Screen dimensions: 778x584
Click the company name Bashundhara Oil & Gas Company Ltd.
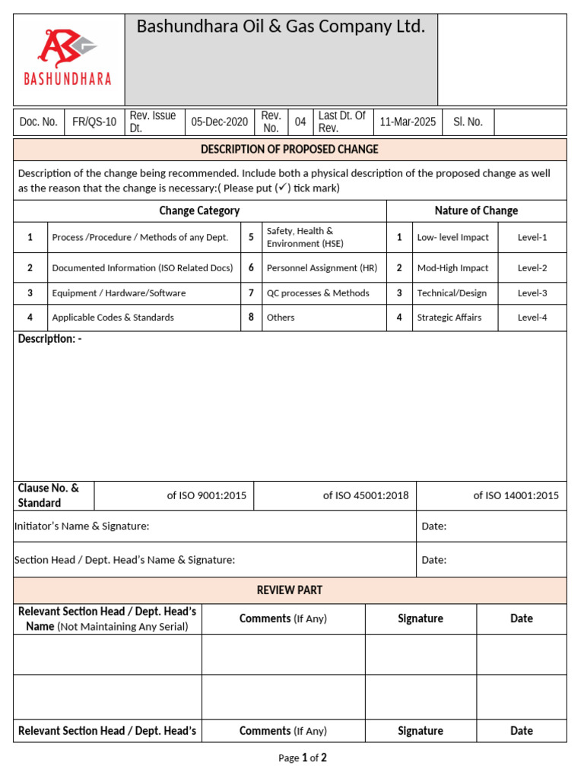[x=281, y=27]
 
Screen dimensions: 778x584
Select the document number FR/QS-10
[x=94, y=122]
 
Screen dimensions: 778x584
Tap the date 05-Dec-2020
[x=219, y=122]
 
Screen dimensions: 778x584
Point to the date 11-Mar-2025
[x=408, y=122]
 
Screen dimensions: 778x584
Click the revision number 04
[x=300, y=122]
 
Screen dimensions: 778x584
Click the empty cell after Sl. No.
[x=529, y=122]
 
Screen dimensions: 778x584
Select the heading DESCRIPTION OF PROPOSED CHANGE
[x=289, y=149]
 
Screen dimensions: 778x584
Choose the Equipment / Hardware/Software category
[x=119, y=293]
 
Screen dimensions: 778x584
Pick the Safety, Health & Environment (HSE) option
[x=300, y=237]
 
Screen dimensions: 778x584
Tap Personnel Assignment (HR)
[x=311, y=268]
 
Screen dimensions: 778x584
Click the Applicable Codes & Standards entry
[x=113, y=318]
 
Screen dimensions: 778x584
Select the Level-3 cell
[x=532, y=293]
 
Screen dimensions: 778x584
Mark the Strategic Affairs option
[x=449, y=318]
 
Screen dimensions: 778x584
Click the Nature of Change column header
[x=476, y=210]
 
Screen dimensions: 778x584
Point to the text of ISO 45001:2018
[x=365, y=495]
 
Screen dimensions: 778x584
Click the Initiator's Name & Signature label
[x=82, y=526]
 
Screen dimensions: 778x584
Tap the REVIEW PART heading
[x=289, y=590]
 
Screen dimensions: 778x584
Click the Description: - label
[x=49, y=339]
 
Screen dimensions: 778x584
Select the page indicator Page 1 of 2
[x=302, y=757]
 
